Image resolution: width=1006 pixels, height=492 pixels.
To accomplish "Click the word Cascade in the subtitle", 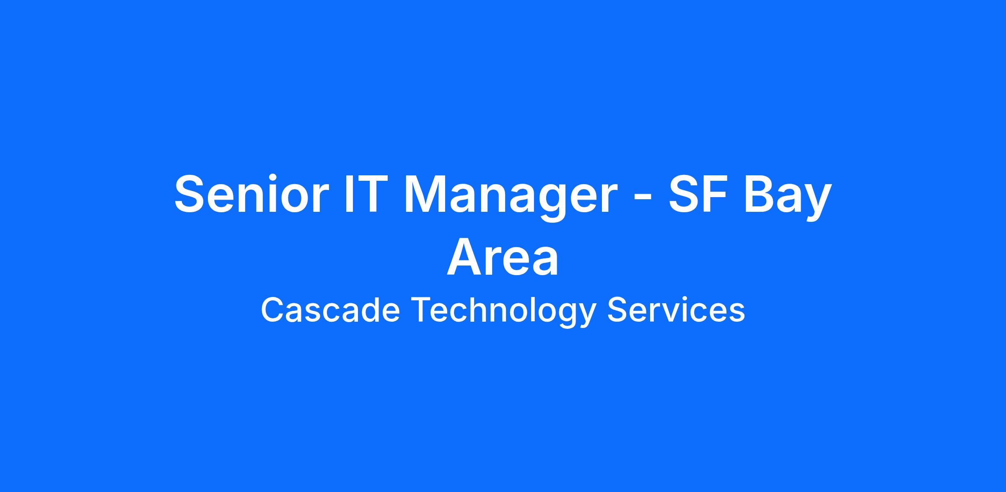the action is [330, 310].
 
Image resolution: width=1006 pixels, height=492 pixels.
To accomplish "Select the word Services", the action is [676, 310].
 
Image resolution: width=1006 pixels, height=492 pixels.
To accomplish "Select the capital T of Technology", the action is [420, 310].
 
